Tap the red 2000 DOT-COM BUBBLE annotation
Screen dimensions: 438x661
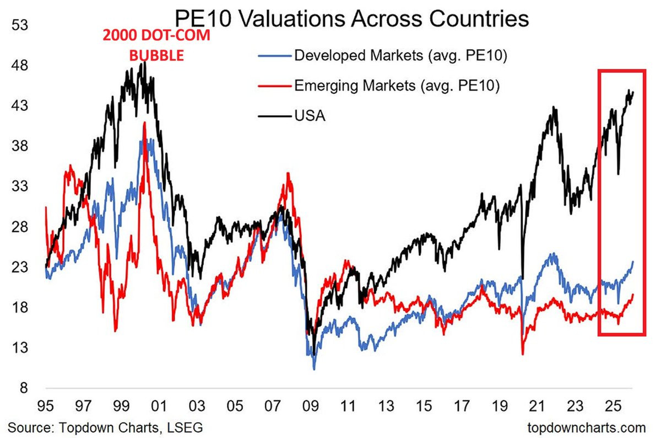(x=156, y=46)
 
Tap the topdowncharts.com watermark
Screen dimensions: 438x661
(x=586, y=427)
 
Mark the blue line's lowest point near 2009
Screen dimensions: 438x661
(x=314, y=369)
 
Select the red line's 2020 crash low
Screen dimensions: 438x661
(x=522, y=354)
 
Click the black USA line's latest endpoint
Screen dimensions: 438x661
(x=633, y=92)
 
